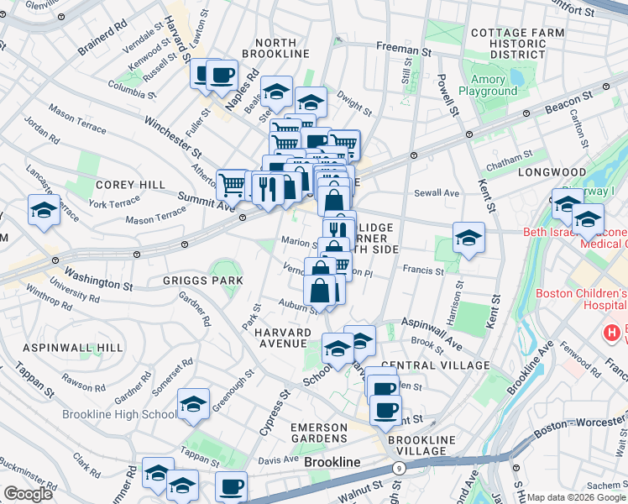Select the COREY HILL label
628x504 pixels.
(122, 184)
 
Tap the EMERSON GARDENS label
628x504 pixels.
(318, 433)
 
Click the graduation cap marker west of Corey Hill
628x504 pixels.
(43, 209)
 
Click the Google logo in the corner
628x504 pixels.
(28, 494)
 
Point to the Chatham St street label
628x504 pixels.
(509, 163)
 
